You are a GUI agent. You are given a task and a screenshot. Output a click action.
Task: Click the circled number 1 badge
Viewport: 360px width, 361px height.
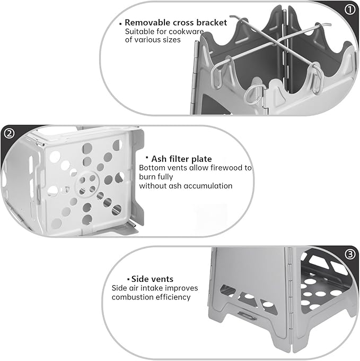[349, 10]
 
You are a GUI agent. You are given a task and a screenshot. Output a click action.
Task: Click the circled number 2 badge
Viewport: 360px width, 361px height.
[10, 134]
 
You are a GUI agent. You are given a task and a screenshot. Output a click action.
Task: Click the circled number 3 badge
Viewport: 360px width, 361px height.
[350, 254]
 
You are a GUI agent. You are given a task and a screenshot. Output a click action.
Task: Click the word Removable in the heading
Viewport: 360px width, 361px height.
[147, 22]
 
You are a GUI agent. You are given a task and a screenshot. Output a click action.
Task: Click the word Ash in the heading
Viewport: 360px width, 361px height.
[159, 159]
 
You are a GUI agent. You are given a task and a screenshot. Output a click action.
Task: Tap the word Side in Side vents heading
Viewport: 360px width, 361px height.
[139, 279]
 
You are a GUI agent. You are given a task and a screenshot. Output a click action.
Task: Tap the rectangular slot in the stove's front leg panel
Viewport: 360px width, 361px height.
[247, 316]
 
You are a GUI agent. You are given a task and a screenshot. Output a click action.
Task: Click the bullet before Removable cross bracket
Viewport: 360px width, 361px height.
[120, 24]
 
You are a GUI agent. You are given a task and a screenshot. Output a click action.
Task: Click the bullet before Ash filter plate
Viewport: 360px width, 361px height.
[147, 157]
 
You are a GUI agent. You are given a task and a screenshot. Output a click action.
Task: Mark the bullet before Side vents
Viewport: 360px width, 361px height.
[128, 279]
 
